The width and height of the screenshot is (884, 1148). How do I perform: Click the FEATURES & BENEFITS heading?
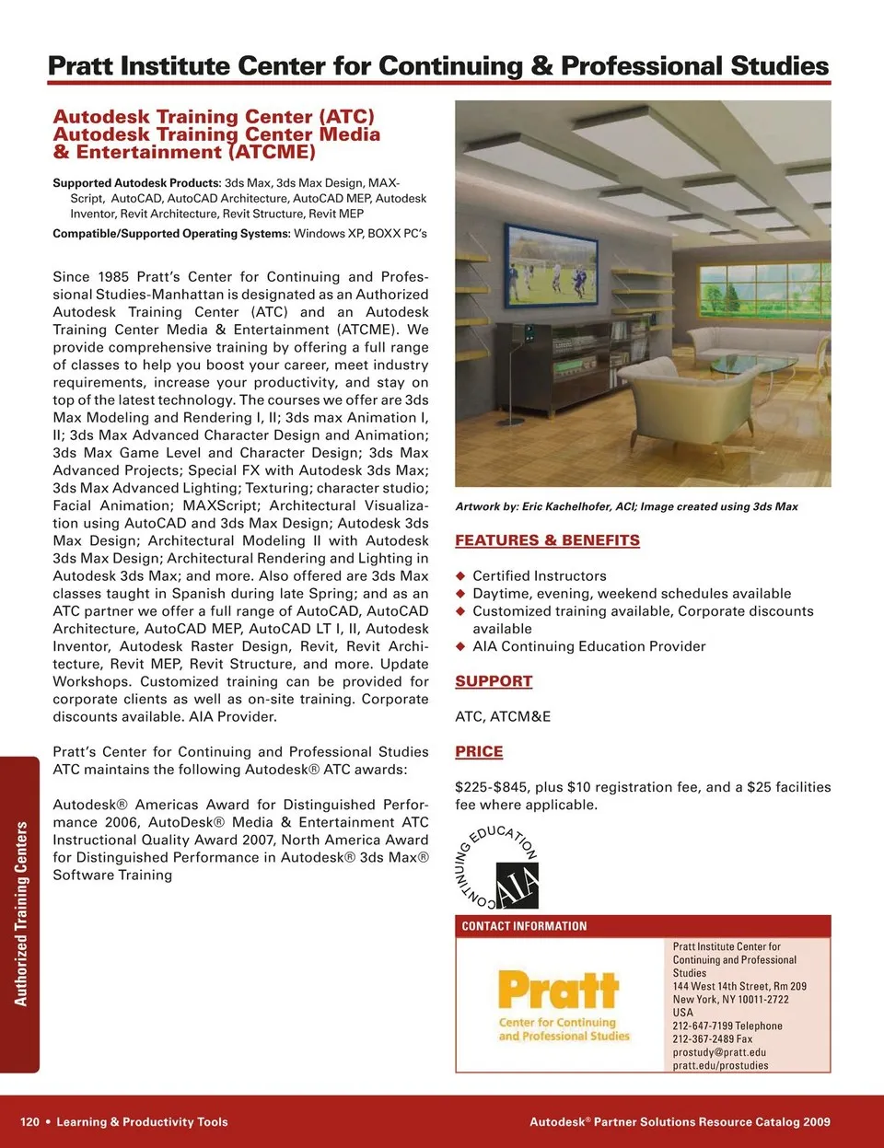tap(547, 540)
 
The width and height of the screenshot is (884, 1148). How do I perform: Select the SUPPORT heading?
tap(494, 681)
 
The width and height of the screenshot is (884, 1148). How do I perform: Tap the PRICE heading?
tap(479, 751)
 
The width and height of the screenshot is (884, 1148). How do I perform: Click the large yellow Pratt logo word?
tap(558, 991)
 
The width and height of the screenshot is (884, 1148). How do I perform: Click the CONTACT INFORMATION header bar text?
tap(524, 926)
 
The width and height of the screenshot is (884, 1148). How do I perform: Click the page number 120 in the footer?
tap(29, 1122)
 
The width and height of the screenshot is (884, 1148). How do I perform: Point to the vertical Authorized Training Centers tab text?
tap(21, 914)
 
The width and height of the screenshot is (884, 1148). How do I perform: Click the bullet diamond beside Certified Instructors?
tap(461, 576)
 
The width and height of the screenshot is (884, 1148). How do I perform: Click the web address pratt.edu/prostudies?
tap(720, 1066)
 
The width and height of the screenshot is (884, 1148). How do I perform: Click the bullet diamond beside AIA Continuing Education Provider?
tap(461, 647)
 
